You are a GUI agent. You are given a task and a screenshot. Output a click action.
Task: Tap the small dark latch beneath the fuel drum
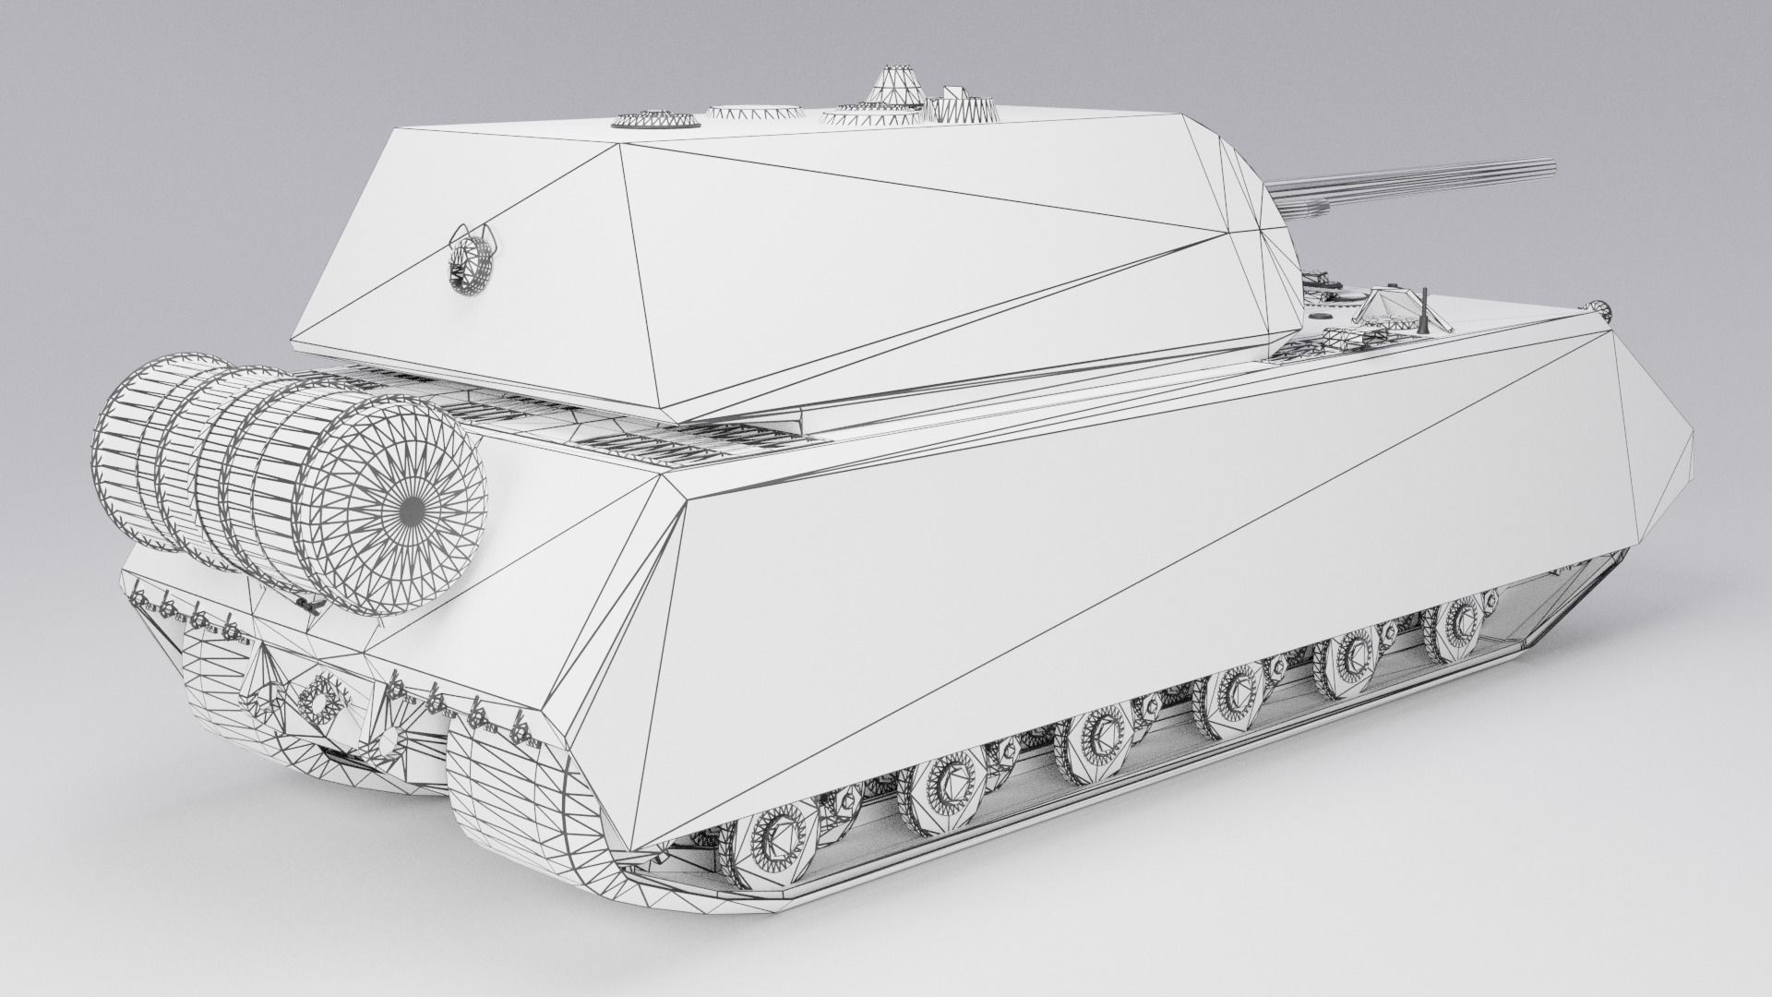tap(305, 603)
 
